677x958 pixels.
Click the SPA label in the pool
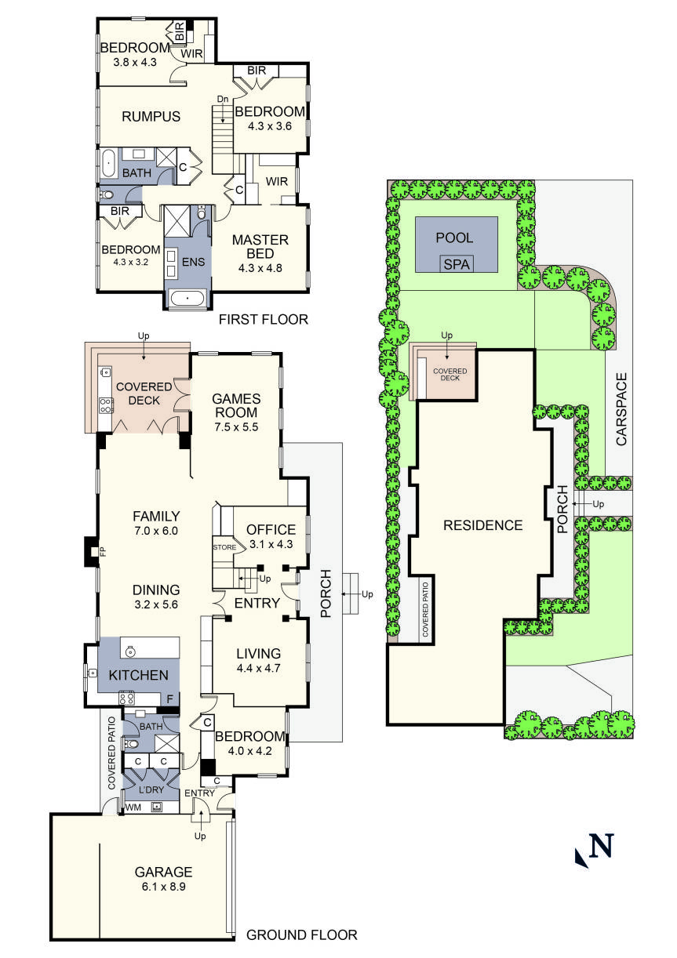click(x=457, y=264)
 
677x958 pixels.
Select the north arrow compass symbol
click(x=594, y=849)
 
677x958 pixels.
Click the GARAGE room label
click(x=163, y=871)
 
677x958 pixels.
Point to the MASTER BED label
click(x=260, y=246)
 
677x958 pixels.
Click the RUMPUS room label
click(x=151, y=117)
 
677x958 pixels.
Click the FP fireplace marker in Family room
click(x=102, y=552)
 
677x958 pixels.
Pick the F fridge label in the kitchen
click(x=169, y=698)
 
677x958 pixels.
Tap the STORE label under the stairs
click(x=224, y=547)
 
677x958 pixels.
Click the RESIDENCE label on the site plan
click(x=482, y=525)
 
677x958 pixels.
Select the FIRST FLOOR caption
click(x=263, y=319)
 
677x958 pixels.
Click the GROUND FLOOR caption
click(x=302, y=934)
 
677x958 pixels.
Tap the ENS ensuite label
click(x=194, y=262)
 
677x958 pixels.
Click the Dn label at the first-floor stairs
click(x=223, y=100)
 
